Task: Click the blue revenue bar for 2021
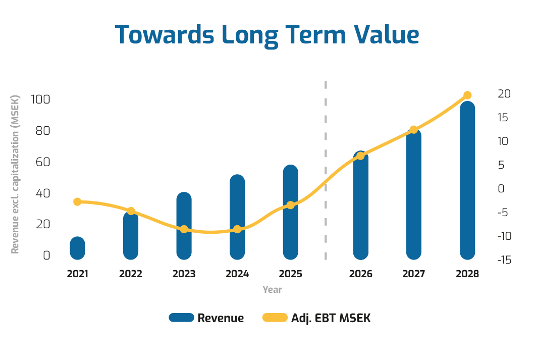tap(77, 248)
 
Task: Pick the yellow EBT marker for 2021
tap(77, 202)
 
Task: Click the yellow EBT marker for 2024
tap(237, 229)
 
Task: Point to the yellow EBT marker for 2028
tap(467, 95)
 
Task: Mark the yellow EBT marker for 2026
tap(360, 156)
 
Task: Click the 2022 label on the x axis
tap(131, 274)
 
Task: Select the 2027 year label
tap(414, 274)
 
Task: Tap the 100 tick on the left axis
tap(40, 99)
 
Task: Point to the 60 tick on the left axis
tap(43, 162)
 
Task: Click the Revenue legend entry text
tap(221, 318)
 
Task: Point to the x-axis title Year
tap(272, 290)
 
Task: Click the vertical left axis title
tap(15, 174)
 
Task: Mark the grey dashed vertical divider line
tap(326, 172)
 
